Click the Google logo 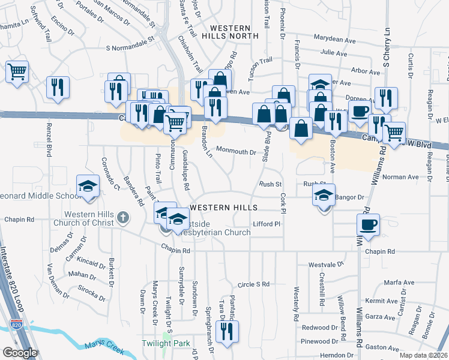coord(20,353)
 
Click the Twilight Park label coord(165,344)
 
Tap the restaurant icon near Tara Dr coord(227,332)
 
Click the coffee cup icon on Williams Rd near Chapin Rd coord(367,226)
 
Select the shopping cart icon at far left coord(17,72)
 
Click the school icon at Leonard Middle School coord(88,186)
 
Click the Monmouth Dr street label coord(237,152)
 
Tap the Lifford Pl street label coord(267,224)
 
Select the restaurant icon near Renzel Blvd coord(58,88)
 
